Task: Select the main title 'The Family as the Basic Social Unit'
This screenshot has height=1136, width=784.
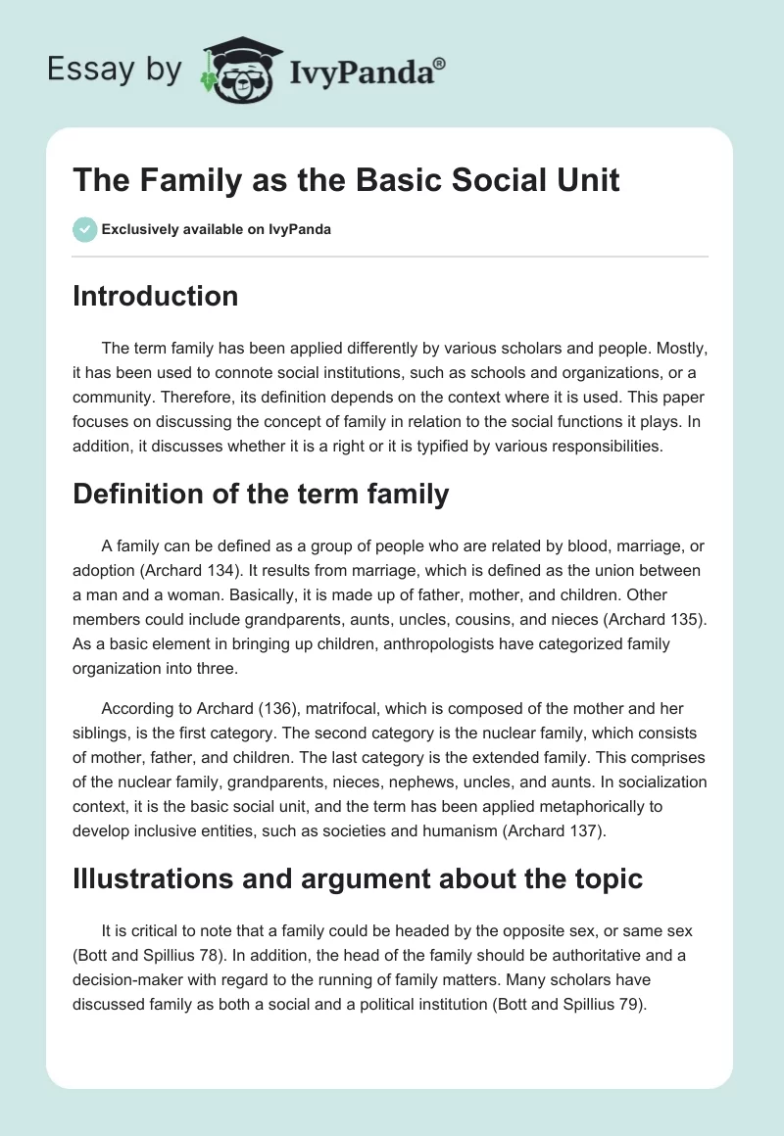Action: [x=346, y=181]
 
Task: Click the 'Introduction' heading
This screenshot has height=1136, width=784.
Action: [x=155, y=296]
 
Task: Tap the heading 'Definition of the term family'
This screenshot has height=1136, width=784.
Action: [x=261, y=495]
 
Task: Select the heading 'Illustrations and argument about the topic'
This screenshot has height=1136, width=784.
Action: [x=358, y=878]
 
